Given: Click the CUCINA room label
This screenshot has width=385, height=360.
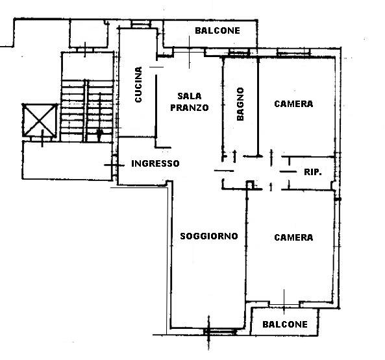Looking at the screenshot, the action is pos(138,84).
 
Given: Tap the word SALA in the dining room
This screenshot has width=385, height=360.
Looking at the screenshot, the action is pos(190,96).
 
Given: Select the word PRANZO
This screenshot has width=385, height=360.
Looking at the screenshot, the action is pos(190,108).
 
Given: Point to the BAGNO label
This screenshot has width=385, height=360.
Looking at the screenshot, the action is pos(240,104).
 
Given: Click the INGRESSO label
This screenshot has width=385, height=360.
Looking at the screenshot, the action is pos(155,163).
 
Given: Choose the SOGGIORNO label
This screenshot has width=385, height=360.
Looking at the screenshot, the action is pos(209,236).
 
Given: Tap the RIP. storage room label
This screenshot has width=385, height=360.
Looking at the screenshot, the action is pos(313,172).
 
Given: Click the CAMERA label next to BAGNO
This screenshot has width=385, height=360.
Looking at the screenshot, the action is pos(293,104).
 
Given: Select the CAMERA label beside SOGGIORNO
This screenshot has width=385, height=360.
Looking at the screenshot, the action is pos(293,237).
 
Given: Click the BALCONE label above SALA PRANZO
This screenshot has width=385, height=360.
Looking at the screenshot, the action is pos(217,30).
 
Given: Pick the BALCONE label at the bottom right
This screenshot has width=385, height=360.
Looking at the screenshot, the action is pos(285,324).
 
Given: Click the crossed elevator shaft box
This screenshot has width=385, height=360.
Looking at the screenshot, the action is pos(40,120).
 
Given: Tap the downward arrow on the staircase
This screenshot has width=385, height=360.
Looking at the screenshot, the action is pos(99,117).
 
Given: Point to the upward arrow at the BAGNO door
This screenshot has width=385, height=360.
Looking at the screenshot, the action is pos(234,156).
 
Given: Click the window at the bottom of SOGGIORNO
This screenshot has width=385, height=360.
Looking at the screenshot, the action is pos(219,331).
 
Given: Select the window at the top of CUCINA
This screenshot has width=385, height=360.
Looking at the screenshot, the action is pos(141,24).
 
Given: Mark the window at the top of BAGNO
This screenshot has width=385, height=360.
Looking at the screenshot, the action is pos(239,53).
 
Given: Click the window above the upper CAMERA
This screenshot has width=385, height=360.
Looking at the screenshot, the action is pos(293,53).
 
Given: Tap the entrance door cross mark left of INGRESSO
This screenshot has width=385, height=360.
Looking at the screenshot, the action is pos(114,165).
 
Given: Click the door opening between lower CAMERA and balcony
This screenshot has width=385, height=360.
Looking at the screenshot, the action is pos(284,305).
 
